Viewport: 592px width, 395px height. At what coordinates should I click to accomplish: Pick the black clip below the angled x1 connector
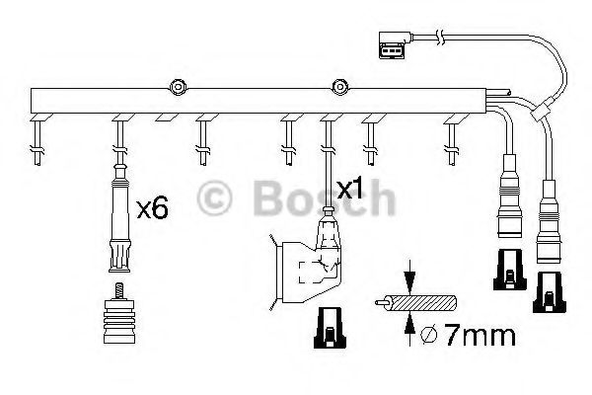(x=328, y=327)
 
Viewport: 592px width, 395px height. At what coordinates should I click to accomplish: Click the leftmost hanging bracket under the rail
(x=37, y=138)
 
